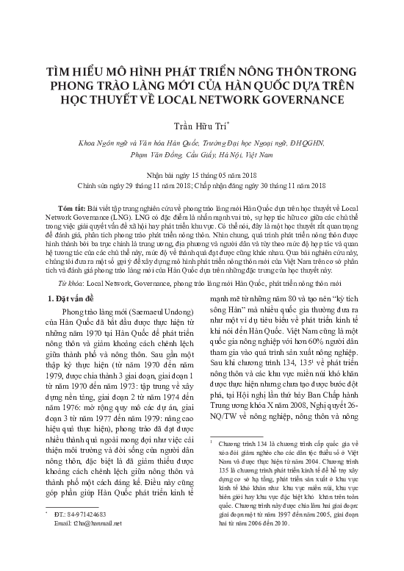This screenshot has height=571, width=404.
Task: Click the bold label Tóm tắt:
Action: tap(90, 209)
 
